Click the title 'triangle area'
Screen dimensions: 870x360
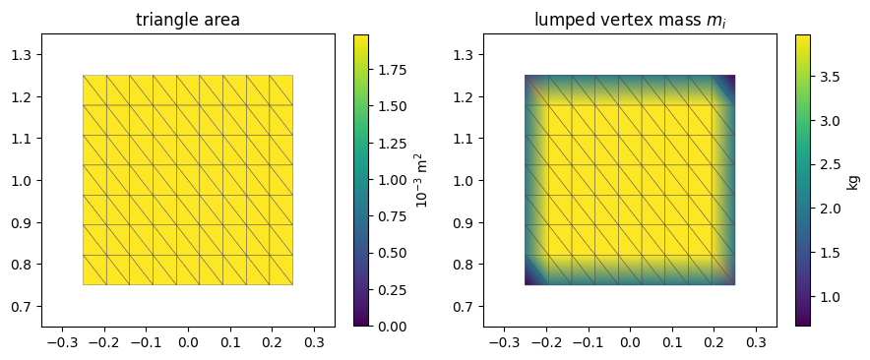coord(188,21)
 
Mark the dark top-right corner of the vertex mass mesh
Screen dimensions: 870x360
coord(731,79)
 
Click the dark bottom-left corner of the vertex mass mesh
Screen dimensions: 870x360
coord(528,281)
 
